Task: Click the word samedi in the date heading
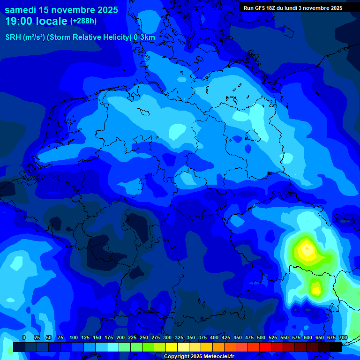point(21,10)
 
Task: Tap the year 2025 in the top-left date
point(105,10)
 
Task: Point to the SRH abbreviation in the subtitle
point(13,37)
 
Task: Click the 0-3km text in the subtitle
point(144,37)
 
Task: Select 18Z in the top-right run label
point(277,8)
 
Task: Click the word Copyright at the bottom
point(177,357)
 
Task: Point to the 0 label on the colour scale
point(24,338)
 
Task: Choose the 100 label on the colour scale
point(74,338)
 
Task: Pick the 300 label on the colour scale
point(167,338)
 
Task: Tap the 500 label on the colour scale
point(261,338)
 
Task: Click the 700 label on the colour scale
point(343,338)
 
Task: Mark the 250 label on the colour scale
point(144,338)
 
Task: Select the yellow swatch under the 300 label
point(171,347)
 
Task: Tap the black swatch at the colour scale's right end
point(335,347)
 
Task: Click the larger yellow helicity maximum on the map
point(306,251)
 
